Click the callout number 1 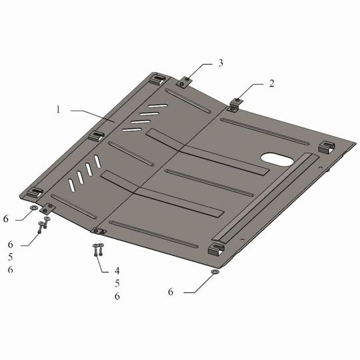[x=58, y=109]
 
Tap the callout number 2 [x=271, y=83]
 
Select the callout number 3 [x=221, y=63]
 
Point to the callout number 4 [x=117, y=271]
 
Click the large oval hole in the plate [x=277, y=159]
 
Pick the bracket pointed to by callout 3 [x=184, y=82]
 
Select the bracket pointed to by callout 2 [x=235, y=105]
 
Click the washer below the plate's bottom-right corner [x=215, y=272]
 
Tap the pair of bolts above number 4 [x=98, y=250]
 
